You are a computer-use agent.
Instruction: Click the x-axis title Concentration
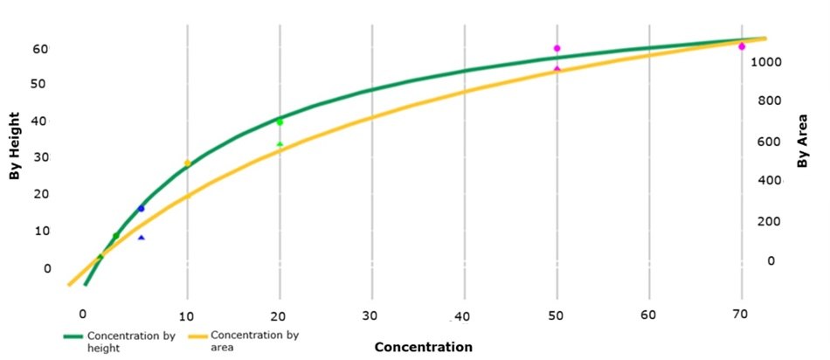(x=423, y=347)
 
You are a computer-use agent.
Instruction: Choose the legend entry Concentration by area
(x=244, y=341)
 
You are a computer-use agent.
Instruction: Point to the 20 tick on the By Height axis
(x=41, y=194)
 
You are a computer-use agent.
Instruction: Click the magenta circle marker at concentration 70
(x=742, y=46)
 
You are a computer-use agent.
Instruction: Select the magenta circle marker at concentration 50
(x=557, y=48)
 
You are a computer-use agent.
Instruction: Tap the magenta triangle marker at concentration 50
(x=557, y=68)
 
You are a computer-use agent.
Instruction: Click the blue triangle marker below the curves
(x=141, y=238)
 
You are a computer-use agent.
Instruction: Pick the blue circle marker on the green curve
(x=141, y=209)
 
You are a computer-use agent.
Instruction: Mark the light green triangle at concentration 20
(x=280, y=143)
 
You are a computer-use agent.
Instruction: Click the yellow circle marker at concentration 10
(x=187, y=163)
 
